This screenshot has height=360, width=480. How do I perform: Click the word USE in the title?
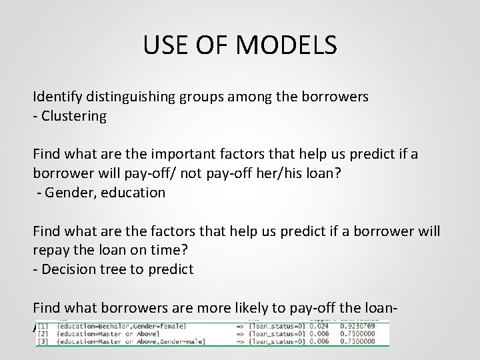tap(166, 46)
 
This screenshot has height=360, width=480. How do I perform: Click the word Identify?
tap(58, 97)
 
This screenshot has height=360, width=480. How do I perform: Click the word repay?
tap(52, 251)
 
